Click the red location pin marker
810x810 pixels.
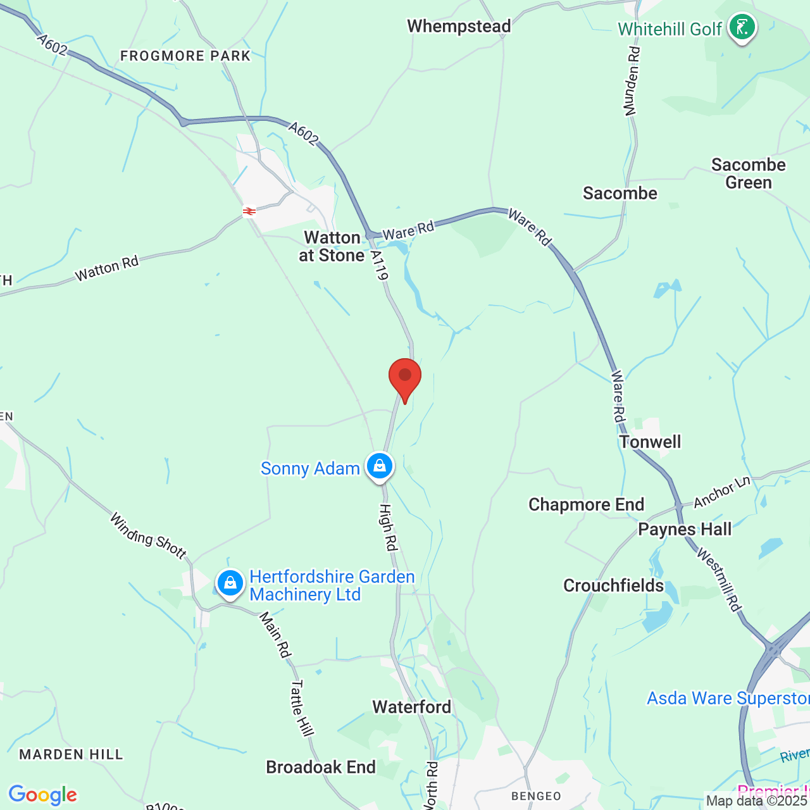point(405,377)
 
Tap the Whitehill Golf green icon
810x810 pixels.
point(742,27)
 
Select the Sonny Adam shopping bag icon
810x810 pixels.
point(379,466)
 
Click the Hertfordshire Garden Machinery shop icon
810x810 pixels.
point(230,583)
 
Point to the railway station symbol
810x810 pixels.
point(249,211)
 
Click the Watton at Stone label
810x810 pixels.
point(332,246)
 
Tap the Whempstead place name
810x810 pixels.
point(459,27)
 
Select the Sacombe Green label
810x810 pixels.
point(748,173)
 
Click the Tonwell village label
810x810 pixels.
point(650,442)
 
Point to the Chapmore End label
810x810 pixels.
point(586,504)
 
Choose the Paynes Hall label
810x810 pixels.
point(685,529)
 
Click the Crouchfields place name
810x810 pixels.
point(613,585)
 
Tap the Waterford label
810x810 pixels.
point(411,707)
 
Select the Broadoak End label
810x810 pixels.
point(321,767)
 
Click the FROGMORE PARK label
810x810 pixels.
point(185,56)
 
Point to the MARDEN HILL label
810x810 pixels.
point(71,754)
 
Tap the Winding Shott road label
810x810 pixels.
point(149,537)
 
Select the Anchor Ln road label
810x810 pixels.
point(722,492)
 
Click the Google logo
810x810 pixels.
point(42,795)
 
